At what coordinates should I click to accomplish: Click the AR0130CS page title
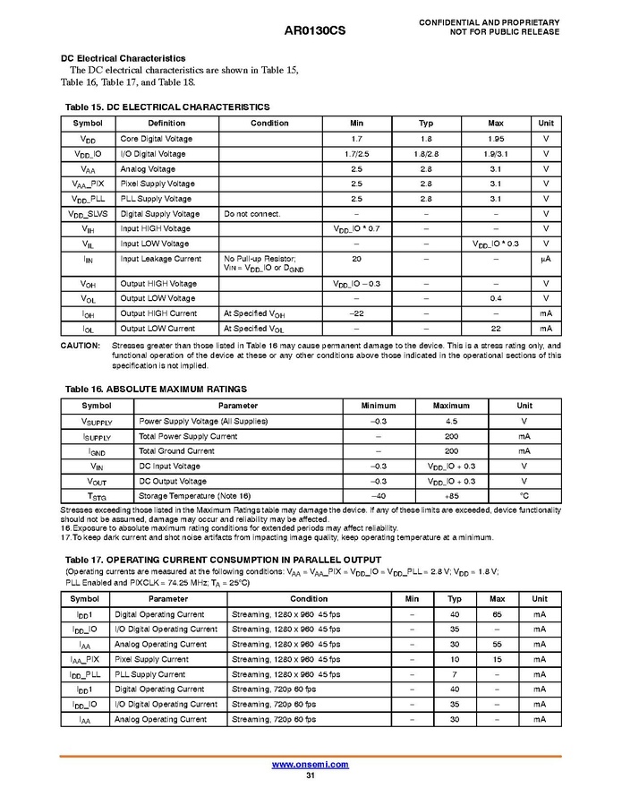tap(314, 30)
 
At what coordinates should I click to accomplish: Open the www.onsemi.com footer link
tap(310, 764)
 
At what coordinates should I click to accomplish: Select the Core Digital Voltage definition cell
tap(157, 139)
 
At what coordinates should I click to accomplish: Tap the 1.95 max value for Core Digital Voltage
tap(496, 139)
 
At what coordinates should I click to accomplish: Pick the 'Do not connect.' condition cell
tap(252, 214)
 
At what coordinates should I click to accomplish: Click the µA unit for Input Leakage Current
tap(545, 259)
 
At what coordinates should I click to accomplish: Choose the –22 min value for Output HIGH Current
tap(356, 313)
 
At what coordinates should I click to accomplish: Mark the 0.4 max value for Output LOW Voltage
tap(496, 298)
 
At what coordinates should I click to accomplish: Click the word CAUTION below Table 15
tap(81, 346)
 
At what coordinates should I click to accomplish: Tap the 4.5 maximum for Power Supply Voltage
tap(451, 421)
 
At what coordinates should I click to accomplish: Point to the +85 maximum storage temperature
tap(451, 496)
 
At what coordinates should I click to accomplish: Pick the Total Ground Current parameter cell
tap(177, 451)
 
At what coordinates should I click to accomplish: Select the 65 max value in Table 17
tap(498, 614)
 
